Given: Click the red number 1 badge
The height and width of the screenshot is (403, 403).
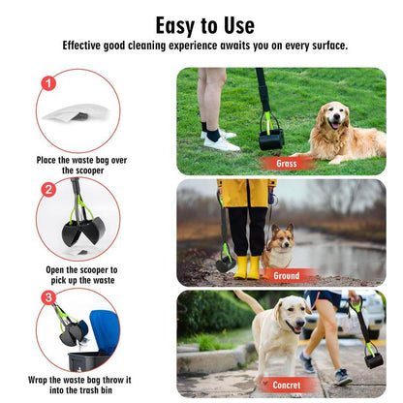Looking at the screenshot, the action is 48,83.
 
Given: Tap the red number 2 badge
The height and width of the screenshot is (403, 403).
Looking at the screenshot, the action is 48,189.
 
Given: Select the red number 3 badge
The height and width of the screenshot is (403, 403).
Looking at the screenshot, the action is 48,297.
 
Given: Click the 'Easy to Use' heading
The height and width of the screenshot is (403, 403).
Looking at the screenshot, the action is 205,26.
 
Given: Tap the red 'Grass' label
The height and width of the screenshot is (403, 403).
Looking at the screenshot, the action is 287,164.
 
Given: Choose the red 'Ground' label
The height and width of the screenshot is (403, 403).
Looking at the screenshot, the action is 286,276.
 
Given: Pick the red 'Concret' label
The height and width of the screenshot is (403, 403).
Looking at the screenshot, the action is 287,385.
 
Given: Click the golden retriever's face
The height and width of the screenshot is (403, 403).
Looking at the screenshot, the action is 334,117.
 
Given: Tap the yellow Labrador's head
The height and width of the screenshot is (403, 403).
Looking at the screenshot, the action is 292,314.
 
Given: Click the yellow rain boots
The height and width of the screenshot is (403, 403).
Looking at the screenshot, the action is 247,267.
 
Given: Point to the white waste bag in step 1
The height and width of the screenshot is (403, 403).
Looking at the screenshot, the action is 77,112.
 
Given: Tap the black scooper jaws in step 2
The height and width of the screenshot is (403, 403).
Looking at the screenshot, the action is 83,231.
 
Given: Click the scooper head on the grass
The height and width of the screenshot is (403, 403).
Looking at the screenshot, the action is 271,139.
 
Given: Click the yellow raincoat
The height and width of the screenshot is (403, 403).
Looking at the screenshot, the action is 246,193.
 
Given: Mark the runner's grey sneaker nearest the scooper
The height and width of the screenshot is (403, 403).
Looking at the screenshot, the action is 342,377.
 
